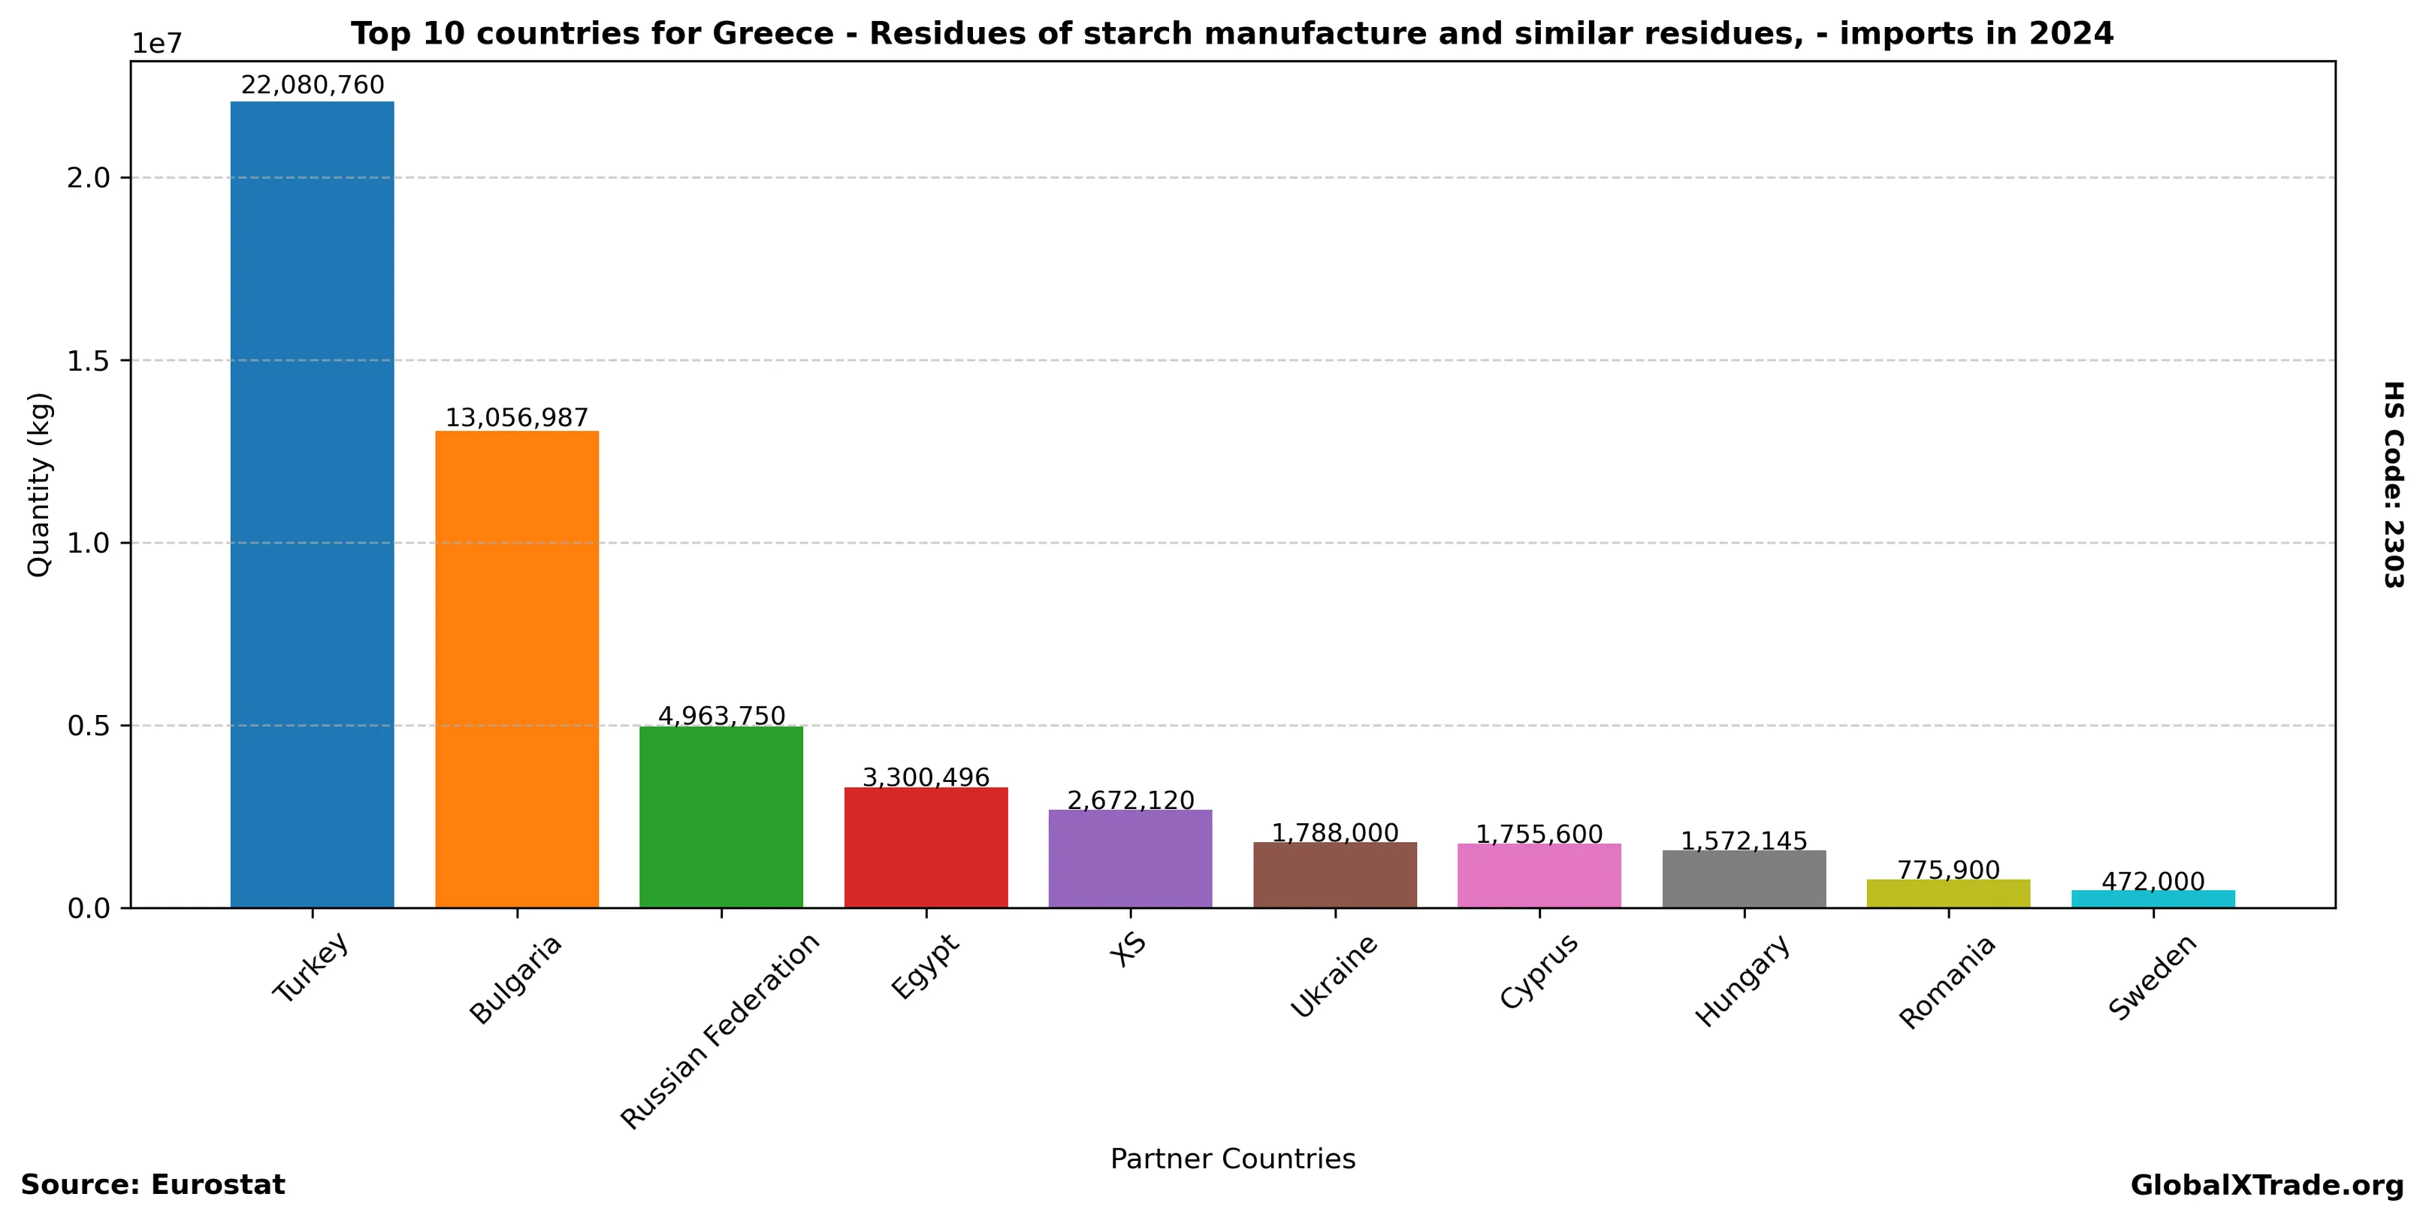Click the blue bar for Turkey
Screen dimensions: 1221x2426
click(312, 504)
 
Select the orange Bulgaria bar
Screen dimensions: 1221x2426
click(516, 669)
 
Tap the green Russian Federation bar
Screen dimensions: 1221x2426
click(721, 817)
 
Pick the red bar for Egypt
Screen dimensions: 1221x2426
click(926, 847)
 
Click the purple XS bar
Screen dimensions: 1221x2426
click(1130, 859)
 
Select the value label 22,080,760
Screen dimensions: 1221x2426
click(313, 86)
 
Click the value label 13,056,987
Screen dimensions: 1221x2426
click(516, 417)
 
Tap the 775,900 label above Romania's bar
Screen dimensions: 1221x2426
click(1948, 870)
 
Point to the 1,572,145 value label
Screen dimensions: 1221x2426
click(1744, 841)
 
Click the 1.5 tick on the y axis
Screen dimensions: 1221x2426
click(89, 361)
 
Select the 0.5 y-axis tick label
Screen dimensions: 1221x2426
click(89, 726)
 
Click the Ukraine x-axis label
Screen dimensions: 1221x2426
click(1334, 976)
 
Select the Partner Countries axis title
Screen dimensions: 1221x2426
click(1233, 1159)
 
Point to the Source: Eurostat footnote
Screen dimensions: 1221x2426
click(153, 1185)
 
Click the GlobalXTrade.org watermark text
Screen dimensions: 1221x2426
click(2267, 1185)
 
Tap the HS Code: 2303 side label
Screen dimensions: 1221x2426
click(2393, 484)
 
